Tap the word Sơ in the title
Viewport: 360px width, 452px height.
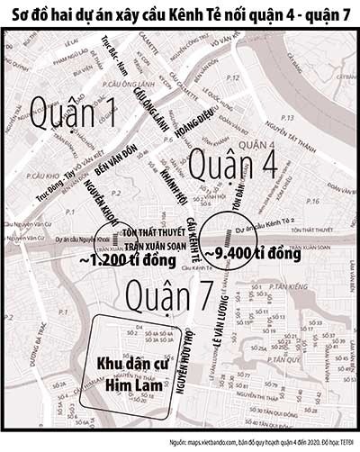(x=20, y=13)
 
